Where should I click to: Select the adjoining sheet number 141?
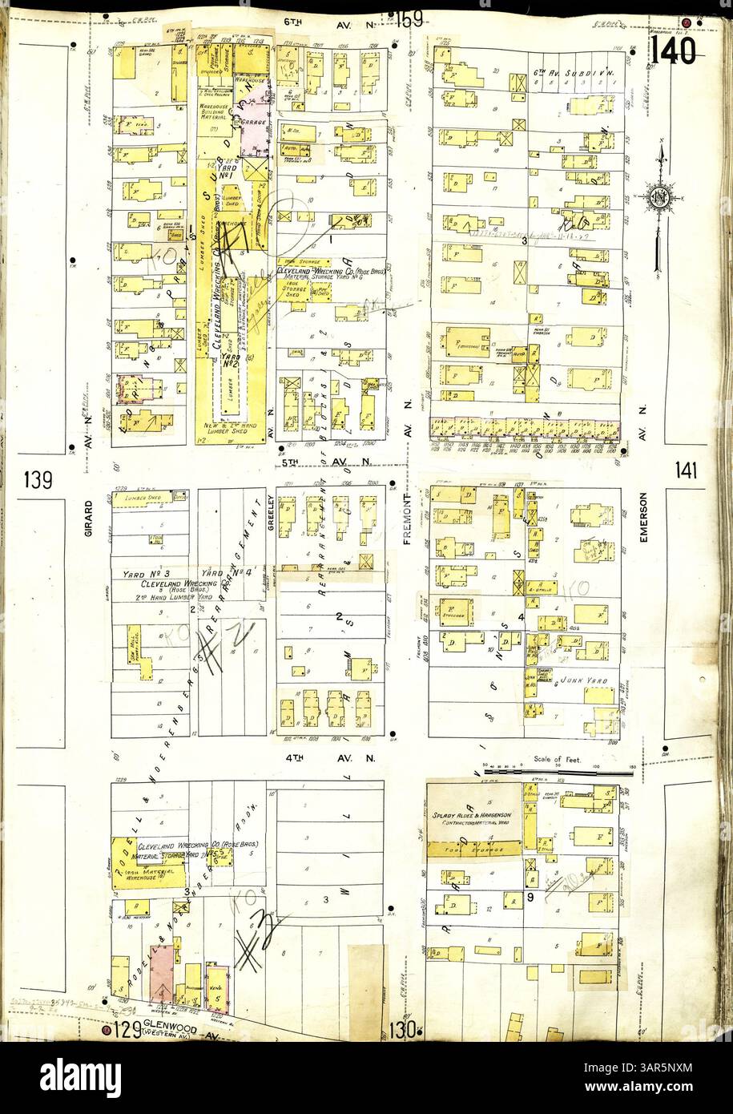pos(686,470)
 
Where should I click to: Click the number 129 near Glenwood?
pos(123,1031)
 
